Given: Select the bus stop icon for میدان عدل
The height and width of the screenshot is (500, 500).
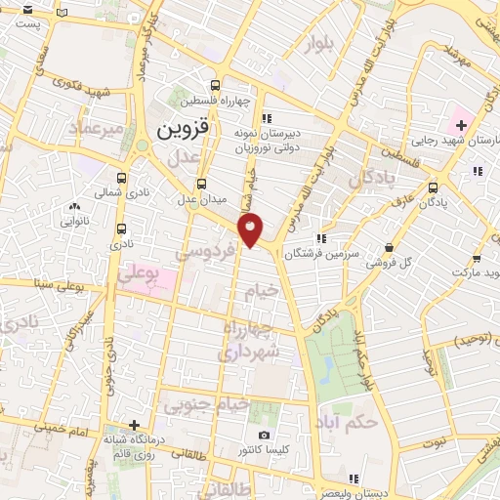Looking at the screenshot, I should pyautogui.click(x=202, y=183).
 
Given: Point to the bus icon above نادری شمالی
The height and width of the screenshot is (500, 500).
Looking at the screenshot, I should pyautogui.click(x=121, y=179).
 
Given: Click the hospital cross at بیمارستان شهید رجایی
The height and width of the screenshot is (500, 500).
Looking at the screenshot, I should pyautogui.click(x=461, y=126).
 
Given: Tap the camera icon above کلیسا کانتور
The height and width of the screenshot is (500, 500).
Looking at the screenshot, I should pyautogui.click(x=263, y=436).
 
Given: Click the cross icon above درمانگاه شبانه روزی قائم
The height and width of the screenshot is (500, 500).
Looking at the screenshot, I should pyautogui.click(x=135, y=427).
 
